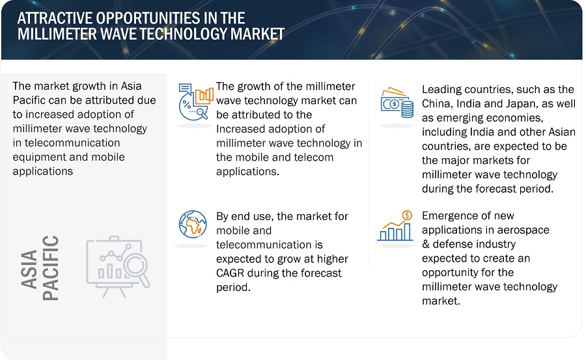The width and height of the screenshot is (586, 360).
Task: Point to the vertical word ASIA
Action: click(x=29, y=269)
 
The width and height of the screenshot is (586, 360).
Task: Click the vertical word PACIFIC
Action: click(x=50, y=268)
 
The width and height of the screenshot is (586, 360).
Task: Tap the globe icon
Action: click(x=193, y=225)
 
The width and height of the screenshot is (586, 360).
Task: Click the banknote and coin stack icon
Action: click(x=397, y=102)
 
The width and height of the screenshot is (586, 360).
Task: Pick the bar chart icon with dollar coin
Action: click(x=395, y=226)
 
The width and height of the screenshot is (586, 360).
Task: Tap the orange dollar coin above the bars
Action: click(x=407, y=215)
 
